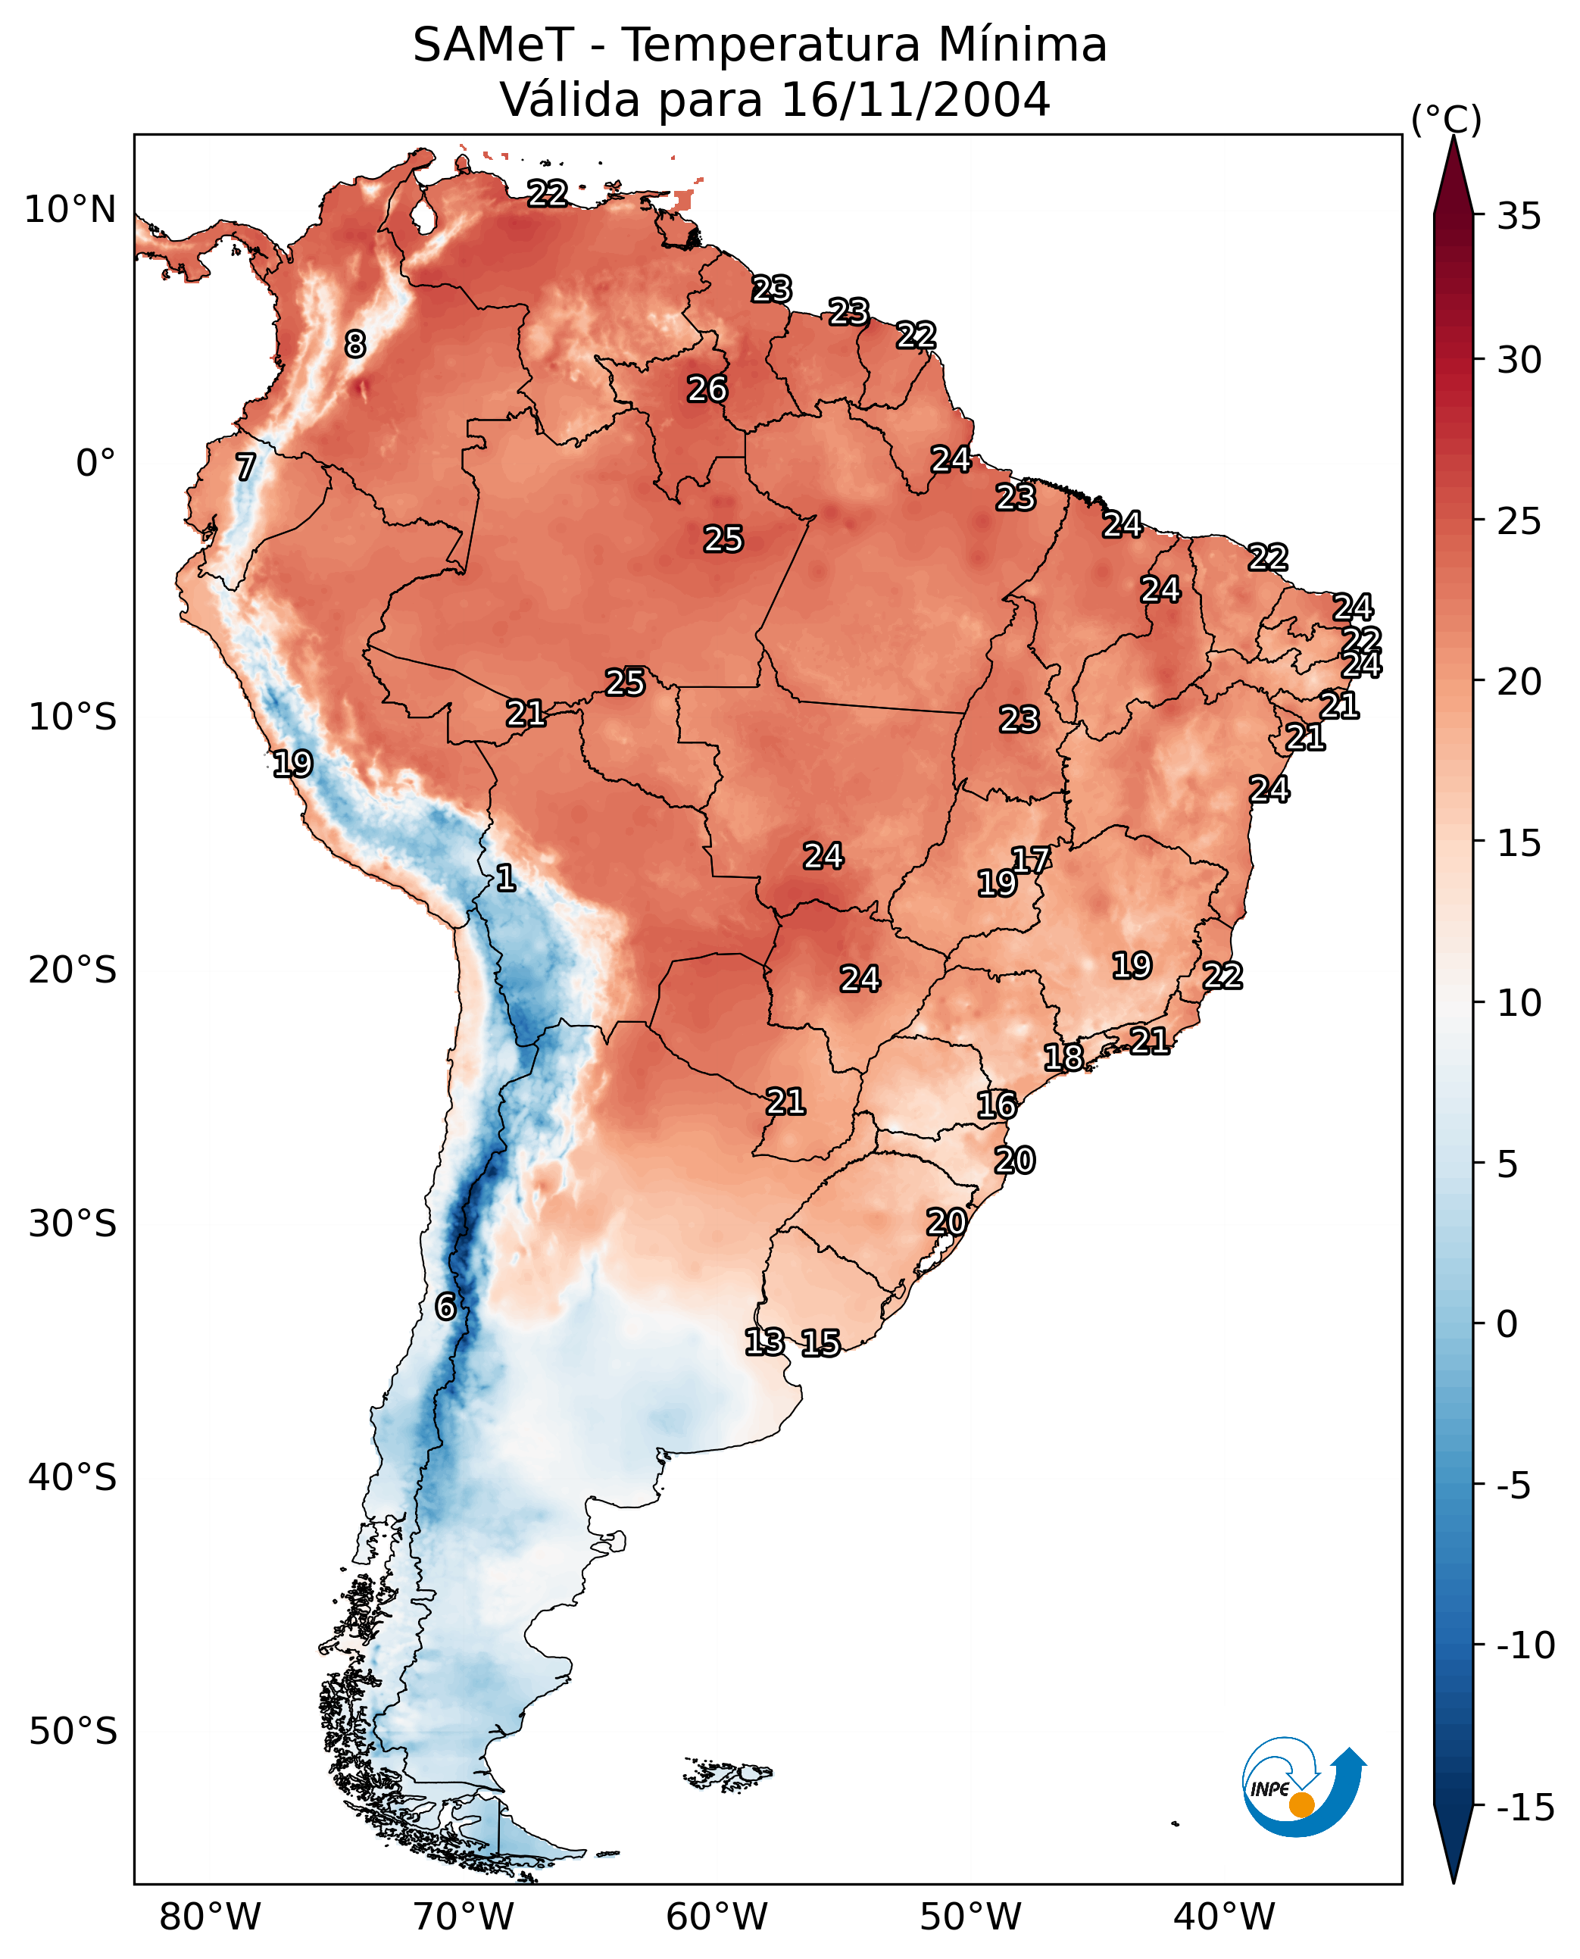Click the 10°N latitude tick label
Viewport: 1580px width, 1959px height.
point(70,211)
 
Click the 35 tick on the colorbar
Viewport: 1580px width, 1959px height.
point(1519,217)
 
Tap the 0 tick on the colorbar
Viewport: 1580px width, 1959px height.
point(1507,1324)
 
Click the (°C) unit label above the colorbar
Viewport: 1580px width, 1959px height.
point(1446,119)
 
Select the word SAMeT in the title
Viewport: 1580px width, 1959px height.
point(492,45)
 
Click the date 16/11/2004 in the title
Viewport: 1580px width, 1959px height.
point(916,99)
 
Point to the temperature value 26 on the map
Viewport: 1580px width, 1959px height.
point(707,389)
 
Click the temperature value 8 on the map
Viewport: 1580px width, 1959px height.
point(355,344)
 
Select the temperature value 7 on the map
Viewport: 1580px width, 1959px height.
point(245,467)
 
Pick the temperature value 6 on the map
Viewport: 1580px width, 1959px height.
point(445,1306)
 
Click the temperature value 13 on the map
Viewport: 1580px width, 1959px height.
point(764,1341)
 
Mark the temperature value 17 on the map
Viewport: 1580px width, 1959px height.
point(1031,859)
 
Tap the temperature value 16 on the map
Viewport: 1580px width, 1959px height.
point(997,1105)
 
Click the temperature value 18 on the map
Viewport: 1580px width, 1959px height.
point(1063,1057)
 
